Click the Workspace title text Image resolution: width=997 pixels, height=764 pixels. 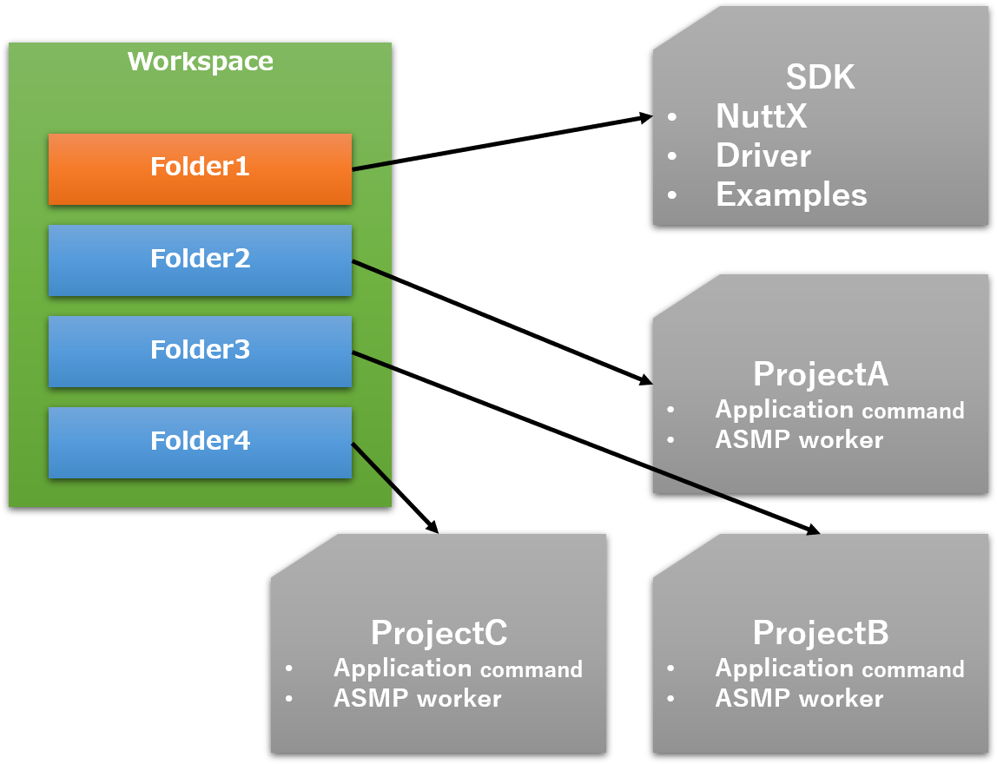coord(201,62)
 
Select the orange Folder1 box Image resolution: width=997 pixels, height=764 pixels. coord(200,168)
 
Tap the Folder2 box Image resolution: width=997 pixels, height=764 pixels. coord(200,260)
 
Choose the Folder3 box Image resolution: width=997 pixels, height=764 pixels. coord(200,351)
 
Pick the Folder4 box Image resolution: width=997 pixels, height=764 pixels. coord(200,442)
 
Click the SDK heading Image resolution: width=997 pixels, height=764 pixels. coord(820,78)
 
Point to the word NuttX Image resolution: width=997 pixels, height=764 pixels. coord(761,116)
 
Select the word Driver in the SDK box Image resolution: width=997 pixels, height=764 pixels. coord(763,156)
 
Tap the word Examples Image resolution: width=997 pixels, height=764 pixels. coord(791,195)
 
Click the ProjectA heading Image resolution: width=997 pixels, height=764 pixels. coord(820,374)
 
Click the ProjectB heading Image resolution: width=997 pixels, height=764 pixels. coord(820,633)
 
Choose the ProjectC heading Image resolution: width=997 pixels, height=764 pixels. coord(439,633)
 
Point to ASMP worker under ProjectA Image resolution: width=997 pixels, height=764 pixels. coord(799,440)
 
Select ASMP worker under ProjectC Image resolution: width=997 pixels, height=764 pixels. coord(417,699)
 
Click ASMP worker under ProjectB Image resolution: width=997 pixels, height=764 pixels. coord(799,699)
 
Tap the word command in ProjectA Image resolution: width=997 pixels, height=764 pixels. coord(913,411)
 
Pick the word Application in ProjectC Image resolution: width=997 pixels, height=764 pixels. coord(403,668)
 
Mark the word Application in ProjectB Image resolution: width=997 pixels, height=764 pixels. coord(785,668)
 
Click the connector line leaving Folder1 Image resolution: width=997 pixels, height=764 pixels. coord(373,166)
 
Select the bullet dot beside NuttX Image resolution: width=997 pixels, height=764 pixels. coord(671,117)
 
